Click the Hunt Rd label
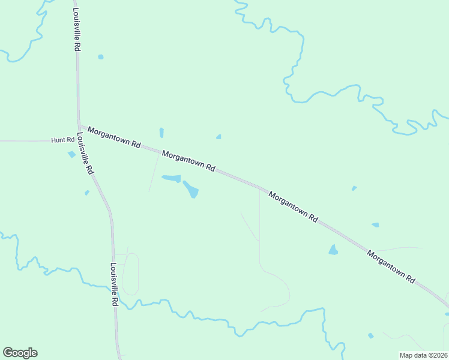click(62, 140)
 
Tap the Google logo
click(20, 353)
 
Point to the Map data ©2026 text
click(423, 355)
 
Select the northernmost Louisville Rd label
click(76, 29)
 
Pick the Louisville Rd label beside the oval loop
click(114, 285)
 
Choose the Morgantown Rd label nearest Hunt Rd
click(113, 137)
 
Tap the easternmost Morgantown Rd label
click(392, 266)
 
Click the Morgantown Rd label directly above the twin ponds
click(188, 161)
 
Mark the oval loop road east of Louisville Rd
click(130, 274)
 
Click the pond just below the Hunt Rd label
click(72, 154)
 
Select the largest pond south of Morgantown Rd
click(191, 189)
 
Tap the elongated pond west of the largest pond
click(171, 178)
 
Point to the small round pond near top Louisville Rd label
click(100, 57)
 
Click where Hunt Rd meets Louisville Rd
click(79, 140)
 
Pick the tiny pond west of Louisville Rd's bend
click(87, 193)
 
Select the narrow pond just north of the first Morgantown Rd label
click(161, 133)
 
